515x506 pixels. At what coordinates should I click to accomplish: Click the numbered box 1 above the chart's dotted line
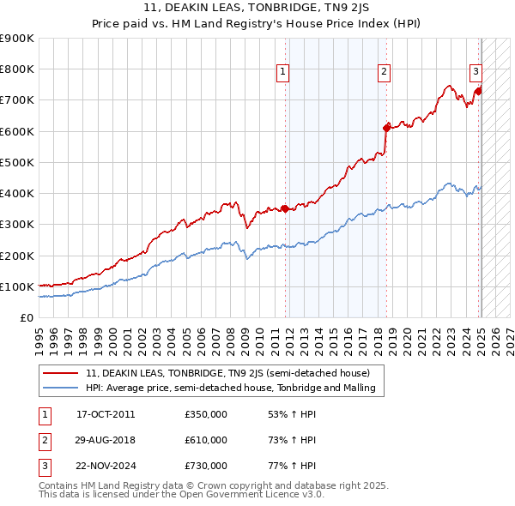pyautogui.click(x=282, y=72)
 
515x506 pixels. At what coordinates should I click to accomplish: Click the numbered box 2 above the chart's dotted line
pyautogui.click(x=384, y=72)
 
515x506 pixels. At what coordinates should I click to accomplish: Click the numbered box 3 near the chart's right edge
pyautogui.click(x=475, y=72)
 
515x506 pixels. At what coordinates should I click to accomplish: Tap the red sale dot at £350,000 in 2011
pyautogui.click(x=285, y=208)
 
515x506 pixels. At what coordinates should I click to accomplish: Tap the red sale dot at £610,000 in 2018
pyautogui.click(x=386, y=128)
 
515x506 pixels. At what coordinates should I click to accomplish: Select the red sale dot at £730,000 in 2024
pyautogui.click(x=478, y=91)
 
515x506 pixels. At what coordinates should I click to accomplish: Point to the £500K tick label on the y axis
pyautogui.click(x=17, y=162)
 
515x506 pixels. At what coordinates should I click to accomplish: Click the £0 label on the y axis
pyautogui.click(x=27, y=317)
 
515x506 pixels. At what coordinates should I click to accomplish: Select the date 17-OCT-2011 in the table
pyautogui.click(x=106, y=414)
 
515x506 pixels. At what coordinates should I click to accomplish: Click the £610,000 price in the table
pyautogui.click(x=206, y=440)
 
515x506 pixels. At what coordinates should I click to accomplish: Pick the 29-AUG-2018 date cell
pyautogui.click(x=106, y=440)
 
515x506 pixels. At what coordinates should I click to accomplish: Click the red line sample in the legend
pyautogui.click(x=61, y=373)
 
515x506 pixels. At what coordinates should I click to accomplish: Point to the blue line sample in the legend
pyautogui.click(x=61, y=389)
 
